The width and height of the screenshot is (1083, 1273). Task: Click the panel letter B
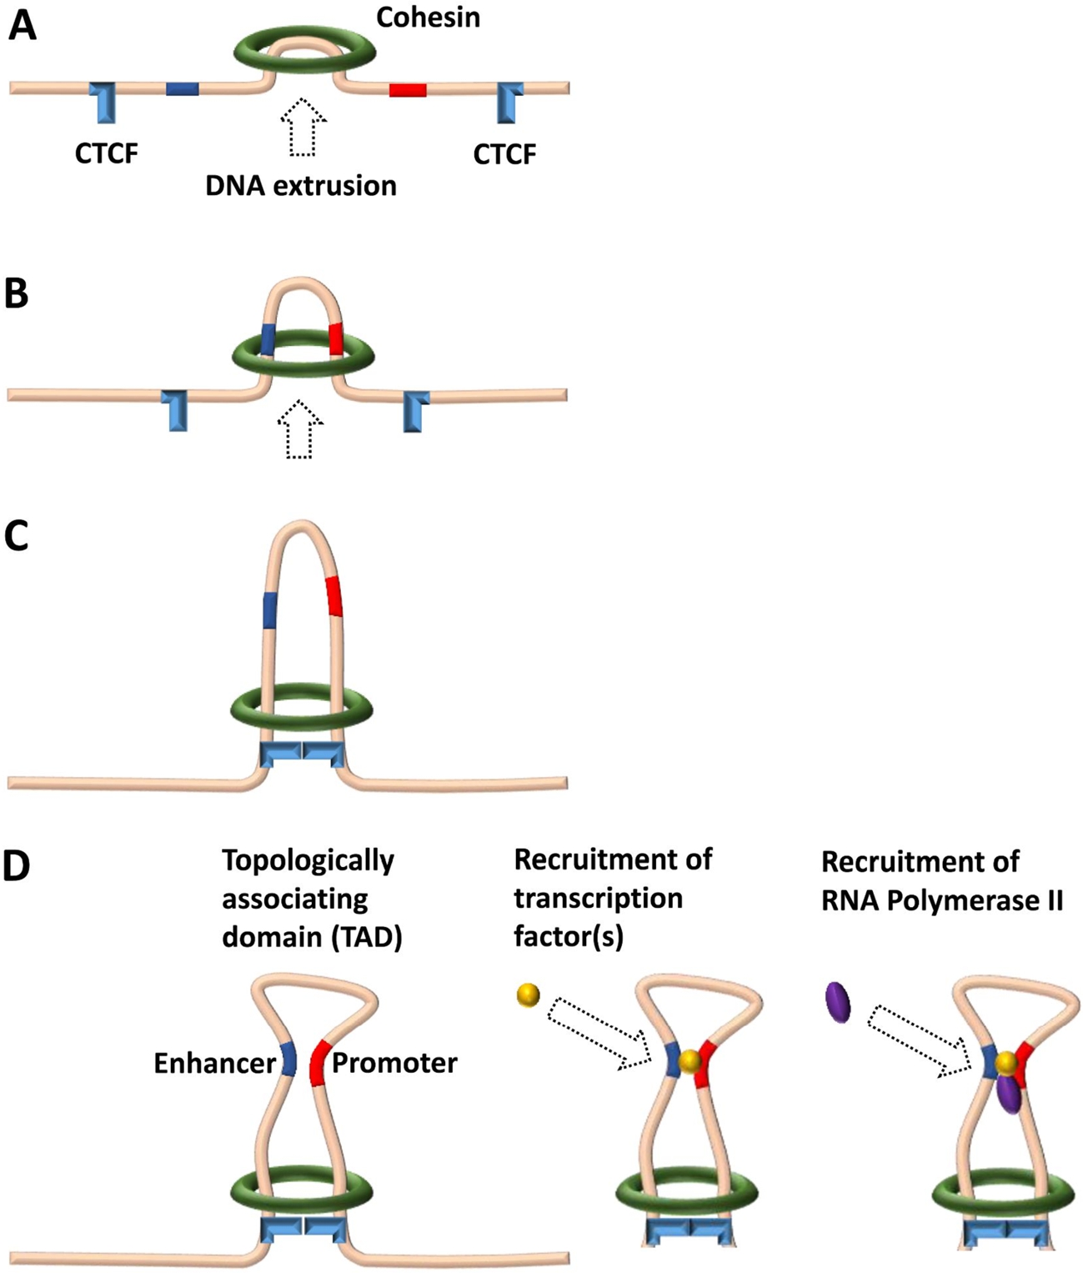coord(17,294)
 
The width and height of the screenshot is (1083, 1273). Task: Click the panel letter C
coord(17,536)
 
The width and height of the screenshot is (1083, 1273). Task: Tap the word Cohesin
coord(428,18)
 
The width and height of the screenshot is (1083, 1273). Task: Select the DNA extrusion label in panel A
coord(301,185)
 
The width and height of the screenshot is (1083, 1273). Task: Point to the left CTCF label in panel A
coord(106,153)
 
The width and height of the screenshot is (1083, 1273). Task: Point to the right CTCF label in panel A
coord(504,153)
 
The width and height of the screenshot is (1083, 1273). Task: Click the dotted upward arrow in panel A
coord(303,127)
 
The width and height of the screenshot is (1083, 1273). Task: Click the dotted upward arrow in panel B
coord(299,429)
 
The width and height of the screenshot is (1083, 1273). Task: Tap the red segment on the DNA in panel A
coord(408,89)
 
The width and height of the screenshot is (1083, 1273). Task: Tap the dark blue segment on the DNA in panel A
coord(182,88)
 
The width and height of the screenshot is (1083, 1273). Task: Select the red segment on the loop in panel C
coord(333,596)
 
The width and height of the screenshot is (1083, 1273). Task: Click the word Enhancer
coord(214,1063)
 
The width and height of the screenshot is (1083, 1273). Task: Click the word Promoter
coord(394,1063)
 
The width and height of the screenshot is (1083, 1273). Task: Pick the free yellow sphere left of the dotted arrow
coord(529,995)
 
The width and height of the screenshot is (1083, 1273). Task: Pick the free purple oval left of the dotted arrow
coord(839,1002)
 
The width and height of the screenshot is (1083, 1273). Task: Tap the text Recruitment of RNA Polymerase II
coord(941,881)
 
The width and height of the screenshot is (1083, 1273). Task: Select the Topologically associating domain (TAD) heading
coord(311,899)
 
